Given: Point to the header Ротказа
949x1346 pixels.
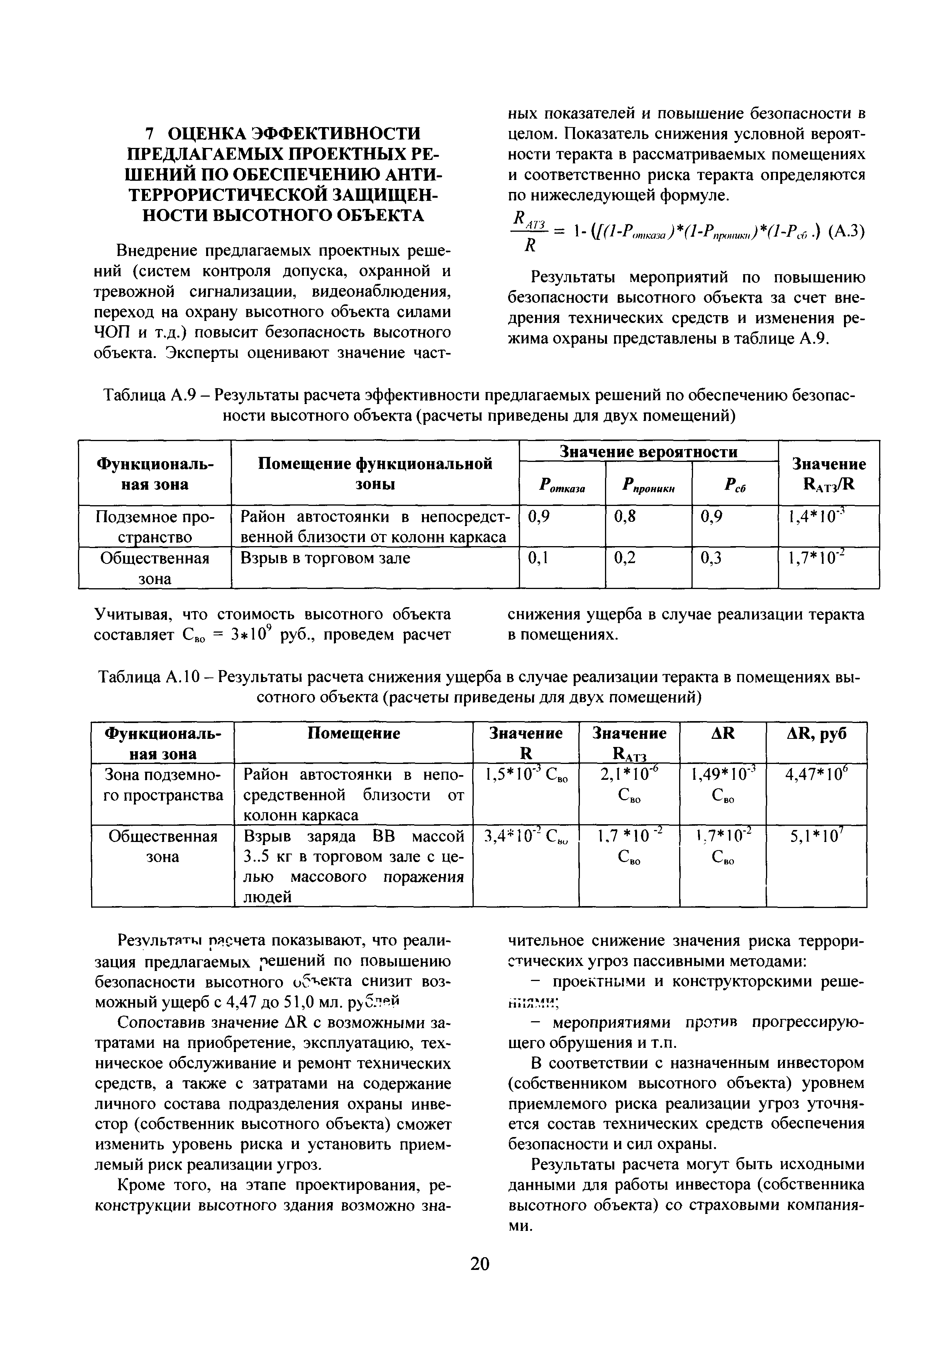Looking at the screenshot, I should click(x=561, y=485).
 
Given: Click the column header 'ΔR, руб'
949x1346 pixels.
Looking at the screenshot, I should click(x=817, y=734).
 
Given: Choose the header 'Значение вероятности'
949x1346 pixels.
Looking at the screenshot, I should click(x=648, y=451).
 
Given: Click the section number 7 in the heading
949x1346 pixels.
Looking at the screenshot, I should click(x=149, y=133).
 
